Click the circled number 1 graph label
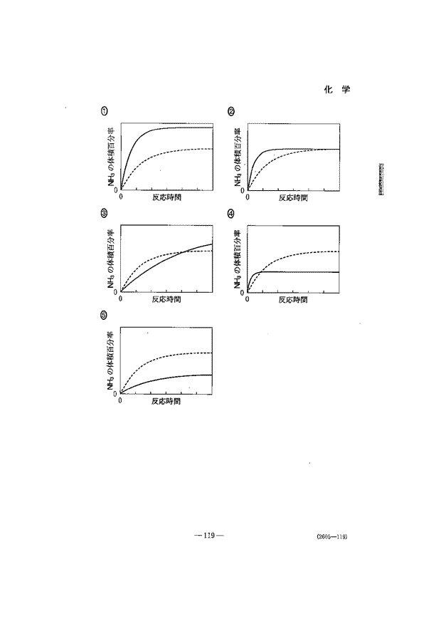point(104,110)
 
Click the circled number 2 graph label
point(230,110)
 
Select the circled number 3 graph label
point(104,213)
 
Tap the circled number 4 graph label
point(230,213)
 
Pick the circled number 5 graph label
point(104,314)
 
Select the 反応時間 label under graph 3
point(166,299)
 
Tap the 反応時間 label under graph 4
point(293,299)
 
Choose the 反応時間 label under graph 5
point(166,401)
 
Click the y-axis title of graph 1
point(111,157)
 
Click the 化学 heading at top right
point(338,90)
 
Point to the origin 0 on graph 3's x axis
point(121,298)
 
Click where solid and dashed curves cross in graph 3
point(182,252)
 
